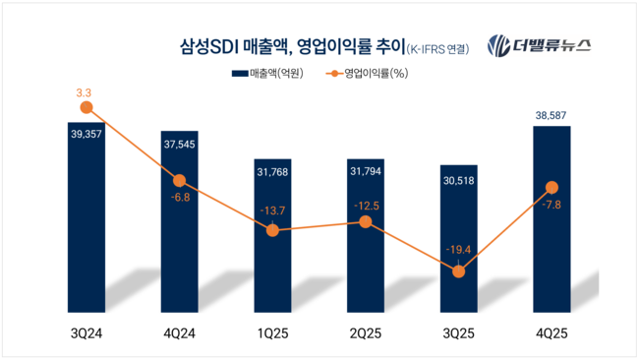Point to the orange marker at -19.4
pos(458,271)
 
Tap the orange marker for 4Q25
pos(552,187)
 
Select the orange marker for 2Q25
pos(366,222)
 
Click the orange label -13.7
pos(272,210)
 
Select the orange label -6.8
pos(179,198)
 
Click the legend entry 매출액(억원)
pos(265,74)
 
